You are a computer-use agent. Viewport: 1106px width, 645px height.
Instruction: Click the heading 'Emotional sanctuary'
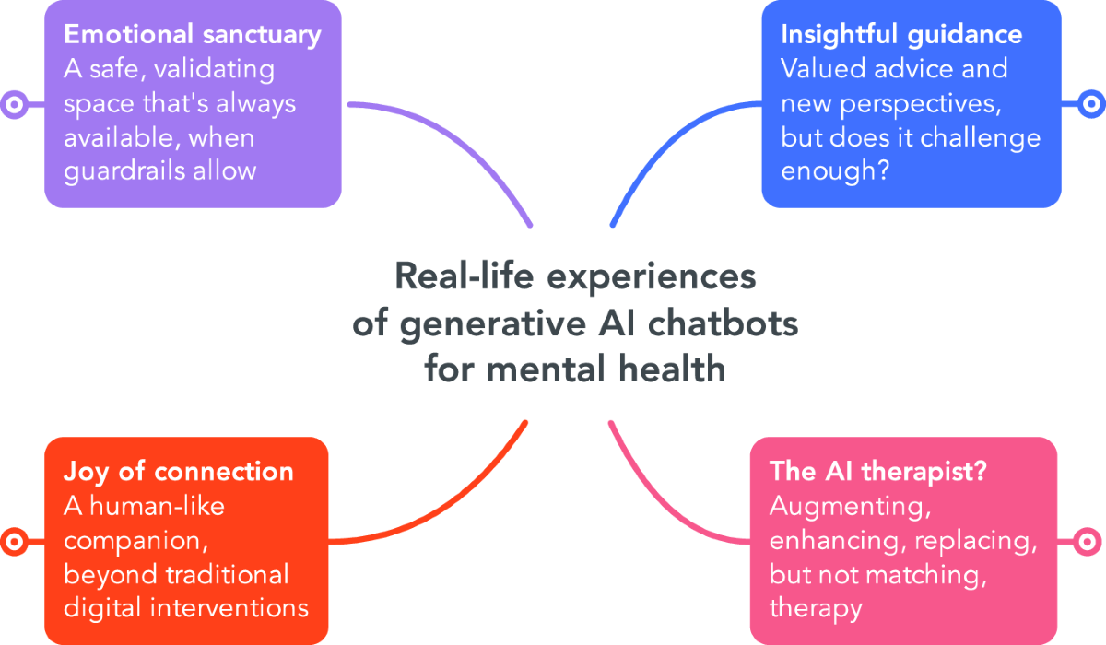(x=193, y=35)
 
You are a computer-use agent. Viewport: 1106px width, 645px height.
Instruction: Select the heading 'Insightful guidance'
(x=901, y=35)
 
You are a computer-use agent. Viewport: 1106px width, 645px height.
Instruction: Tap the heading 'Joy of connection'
(x=179, y=472)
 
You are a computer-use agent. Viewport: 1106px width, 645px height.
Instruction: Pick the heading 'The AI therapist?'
(x=878, y=472)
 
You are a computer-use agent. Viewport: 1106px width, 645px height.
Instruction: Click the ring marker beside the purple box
(x=14, y=105)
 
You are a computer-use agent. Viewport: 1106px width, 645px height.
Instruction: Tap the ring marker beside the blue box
(x=1091, y=105)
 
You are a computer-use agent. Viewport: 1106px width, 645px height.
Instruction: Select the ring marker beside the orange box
(x=14, y=541)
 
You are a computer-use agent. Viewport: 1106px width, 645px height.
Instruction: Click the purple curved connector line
(x=461, y=138)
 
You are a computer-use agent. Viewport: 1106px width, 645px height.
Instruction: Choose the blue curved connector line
(x=664, y=138)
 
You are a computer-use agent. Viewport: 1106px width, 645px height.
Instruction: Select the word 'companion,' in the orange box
(x=132, y=540)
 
